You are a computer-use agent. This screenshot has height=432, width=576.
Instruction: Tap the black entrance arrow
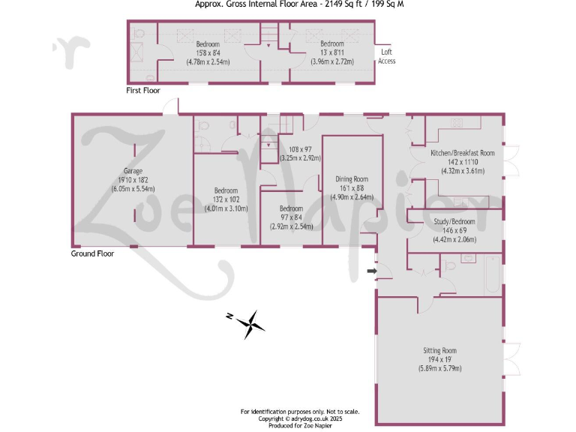click(371, 270)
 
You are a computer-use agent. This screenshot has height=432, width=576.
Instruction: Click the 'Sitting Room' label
click(439, 350)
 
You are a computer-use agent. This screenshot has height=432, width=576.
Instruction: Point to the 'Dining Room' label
click(352, 179)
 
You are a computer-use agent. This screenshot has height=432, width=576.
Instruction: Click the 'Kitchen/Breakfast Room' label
click(462, 153)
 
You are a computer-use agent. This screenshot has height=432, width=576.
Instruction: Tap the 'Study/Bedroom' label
click(454, 221)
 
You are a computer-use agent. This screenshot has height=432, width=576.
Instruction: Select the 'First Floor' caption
click(142, 90)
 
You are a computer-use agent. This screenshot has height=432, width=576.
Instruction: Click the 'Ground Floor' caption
click(92, 253)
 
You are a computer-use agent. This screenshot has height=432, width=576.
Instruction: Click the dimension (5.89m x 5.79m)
click(439, 368)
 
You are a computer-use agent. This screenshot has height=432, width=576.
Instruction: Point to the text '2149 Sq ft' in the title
click(338, 4)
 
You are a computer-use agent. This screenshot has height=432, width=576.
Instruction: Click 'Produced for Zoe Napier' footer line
click(299, 426)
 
